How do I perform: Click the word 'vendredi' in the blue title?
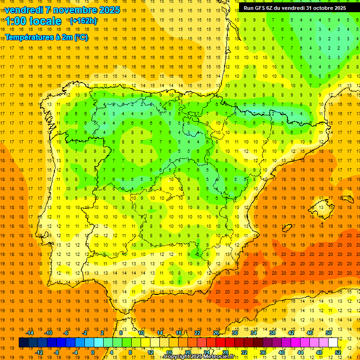click(x=23, y=10)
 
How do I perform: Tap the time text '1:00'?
click(x=16, y=21)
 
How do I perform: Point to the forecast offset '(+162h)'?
click(x=83, y=21)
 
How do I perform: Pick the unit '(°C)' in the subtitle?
click(x=81, y=37)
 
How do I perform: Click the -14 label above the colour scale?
click(x=29, y=333)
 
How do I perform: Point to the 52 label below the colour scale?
click(x=338, y=352)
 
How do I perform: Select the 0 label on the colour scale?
click(x=93, y=352)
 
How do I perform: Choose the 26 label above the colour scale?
click(x=216, y=333)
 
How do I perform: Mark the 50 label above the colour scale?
click(x=329, y=333)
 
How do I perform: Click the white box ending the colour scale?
click(x=333, y=343)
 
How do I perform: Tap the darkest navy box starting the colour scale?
click(x=23, y=343)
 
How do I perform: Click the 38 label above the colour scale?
click(x=272, y=333)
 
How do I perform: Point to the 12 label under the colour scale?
click(x=150, y=352)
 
